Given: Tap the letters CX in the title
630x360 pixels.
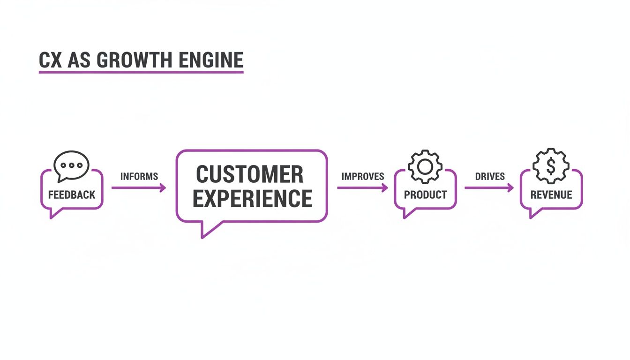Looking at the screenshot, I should [51, 60].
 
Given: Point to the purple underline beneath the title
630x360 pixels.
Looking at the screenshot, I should [141, 72].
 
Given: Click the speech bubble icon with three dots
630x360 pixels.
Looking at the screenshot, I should [71, 165].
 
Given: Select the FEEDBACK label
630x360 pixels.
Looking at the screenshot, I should [72, 195].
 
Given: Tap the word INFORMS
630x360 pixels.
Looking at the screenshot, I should [139, 177].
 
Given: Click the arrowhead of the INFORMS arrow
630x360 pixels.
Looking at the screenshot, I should [163, 188].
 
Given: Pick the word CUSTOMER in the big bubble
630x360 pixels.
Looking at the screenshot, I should [250, 175].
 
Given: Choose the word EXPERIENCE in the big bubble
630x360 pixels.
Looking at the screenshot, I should [253, 198].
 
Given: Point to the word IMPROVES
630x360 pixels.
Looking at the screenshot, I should [363, 177].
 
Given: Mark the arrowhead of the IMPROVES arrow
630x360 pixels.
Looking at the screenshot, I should [385, 188].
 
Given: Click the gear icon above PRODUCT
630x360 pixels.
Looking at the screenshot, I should [425, 166].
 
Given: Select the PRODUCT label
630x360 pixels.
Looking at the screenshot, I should [425, 195].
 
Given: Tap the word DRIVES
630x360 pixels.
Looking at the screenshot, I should [490, 177].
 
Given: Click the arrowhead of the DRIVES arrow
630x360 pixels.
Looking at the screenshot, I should [511, 188].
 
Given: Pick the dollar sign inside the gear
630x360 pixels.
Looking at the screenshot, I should [551, 165].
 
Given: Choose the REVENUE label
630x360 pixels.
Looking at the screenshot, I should [551, 195].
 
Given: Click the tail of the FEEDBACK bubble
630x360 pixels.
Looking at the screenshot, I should [55, 213].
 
